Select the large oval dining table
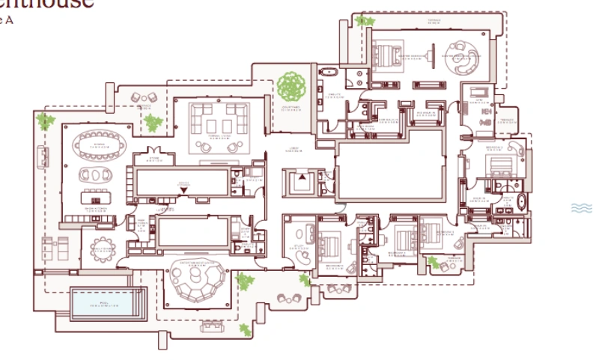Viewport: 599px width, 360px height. [99, 142]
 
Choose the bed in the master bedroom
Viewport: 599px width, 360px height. [387, 54]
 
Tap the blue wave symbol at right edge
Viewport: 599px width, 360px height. [582, 208]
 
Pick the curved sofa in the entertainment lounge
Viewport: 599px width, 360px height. [196, 281]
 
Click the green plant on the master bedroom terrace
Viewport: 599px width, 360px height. [365, 21]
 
